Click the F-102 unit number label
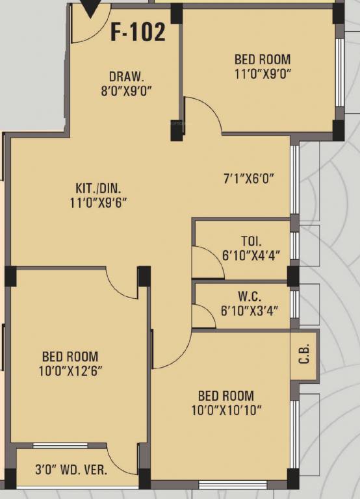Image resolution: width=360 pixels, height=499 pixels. point(138,32)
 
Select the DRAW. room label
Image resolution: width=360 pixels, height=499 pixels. point(126,77)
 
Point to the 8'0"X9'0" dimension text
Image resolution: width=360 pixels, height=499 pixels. point(126,92)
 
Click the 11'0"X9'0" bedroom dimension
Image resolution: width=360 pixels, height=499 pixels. point(263,74)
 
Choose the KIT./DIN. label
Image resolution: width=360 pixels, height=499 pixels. point(98,188)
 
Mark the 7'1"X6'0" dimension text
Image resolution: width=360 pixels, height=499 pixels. point(249,179)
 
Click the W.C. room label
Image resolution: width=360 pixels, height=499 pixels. point(250,296)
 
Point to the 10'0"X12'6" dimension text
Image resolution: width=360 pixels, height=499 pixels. point(71,371)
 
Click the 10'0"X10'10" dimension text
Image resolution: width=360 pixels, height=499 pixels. point(226,411)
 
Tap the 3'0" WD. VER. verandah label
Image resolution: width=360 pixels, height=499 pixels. point(71,470)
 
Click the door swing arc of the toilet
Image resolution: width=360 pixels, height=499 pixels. point(216,256)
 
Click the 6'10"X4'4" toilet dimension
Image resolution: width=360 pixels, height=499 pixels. point(251,255)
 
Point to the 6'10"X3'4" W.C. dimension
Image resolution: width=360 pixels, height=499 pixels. point(250,311)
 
